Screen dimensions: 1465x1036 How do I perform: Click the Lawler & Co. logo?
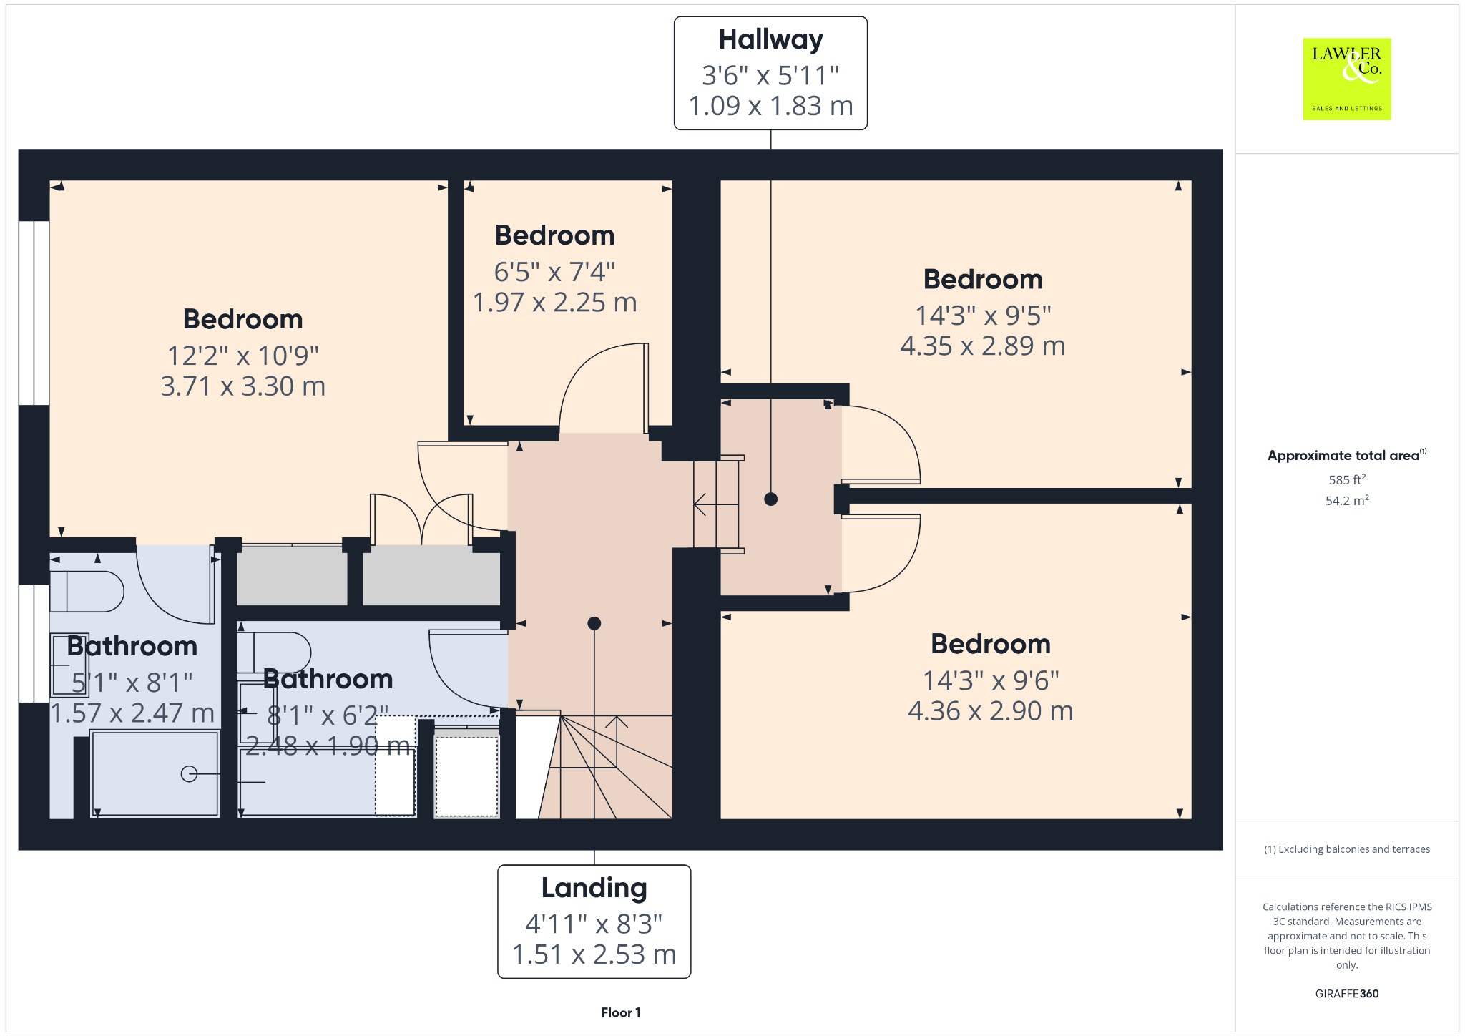[x=1346, y=79]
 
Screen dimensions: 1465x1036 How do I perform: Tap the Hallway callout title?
[x=770, y=40]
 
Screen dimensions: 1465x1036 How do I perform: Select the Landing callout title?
[x=594, y=888]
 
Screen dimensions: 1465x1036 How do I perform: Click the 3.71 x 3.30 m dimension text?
[x=243, y=386]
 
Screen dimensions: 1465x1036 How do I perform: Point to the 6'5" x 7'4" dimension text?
[x=554, y=272]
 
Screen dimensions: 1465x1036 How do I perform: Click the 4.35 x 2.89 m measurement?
[x=983, y=346]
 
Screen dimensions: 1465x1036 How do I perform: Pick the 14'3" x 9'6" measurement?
[x=991, y=680]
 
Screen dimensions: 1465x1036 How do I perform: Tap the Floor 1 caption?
[x=621, y=1012]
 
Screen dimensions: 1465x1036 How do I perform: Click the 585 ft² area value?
[x=1347, y=479]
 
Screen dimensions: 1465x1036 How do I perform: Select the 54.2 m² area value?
[x=1347, y=500]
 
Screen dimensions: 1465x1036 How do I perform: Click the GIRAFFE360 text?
[x=1347, y=993]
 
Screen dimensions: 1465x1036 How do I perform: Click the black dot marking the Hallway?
[x=770, y=499]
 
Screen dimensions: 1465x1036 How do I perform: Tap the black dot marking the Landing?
[x=594, y=623]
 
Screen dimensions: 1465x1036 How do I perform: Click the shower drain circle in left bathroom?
[x=189, y=773]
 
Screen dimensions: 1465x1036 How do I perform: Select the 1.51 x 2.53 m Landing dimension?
[x=594, y=954]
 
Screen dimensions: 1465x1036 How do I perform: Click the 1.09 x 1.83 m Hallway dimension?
[x=770, y=106]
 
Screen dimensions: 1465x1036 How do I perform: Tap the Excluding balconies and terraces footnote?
[x=1347, y=849]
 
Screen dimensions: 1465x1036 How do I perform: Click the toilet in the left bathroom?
[x=87, y=592]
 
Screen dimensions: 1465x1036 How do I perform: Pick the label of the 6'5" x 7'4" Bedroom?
[x=554, y=235]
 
